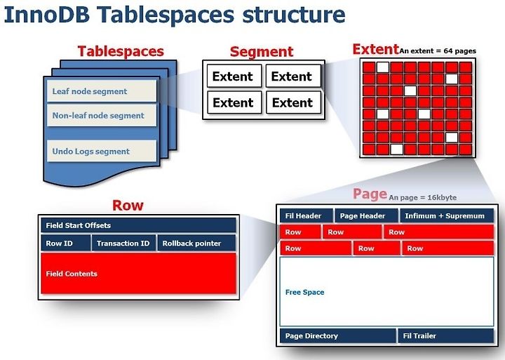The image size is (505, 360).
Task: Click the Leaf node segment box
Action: (102, 91)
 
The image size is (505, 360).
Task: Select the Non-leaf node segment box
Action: (102, 115)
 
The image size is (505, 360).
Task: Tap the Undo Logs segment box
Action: (102, 151)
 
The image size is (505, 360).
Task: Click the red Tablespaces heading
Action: (121, 51)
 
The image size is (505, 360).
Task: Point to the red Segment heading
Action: (262, 51)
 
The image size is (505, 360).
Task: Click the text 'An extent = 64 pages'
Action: (438, 51)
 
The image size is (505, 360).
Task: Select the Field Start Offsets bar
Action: (138, 225)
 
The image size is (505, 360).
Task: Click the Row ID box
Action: (66, 244)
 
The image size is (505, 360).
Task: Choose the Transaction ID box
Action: (123, 244)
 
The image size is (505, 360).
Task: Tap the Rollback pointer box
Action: (197, 244)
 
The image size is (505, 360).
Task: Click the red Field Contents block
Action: (138, 274)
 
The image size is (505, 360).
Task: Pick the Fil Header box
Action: (307, 216)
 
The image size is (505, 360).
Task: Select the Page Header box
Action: (366, 216)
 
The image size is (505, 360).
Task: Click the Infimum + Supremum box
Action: (447, 216)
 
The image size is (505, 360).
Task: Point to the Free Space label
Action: (304, 293)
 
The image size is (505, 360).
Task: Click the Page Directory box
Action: (338, 336)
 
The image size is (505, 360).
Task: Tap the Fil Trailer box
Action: (446, 336)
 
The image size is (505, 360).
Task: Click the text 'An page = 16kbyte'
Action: (422, 198)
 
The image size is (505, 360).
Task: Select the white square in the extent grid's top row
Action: (383, 67)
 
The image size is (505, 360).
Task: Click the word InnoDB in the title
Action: (47, 15)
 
